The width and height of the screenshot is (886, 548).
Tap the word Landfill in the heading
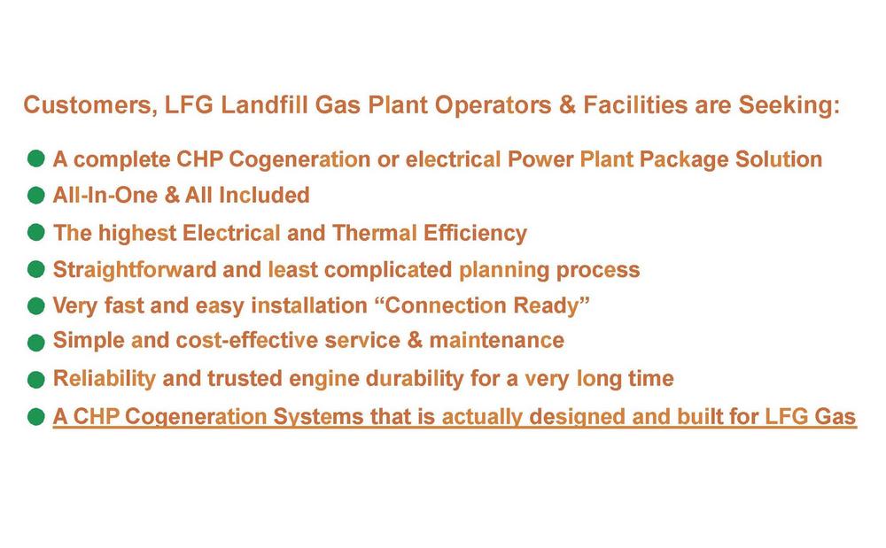pyautogui.click(x=264, y=105)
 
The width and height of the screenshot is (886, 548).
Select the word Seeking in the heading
pyautogui.click(x=789, y=105)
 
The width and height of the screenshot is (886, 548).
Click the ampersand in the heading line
pyautogui.click(x=567, y=105)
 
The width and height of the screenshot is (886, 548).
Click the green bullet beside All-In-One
pyautogui.click(x=35, y=196)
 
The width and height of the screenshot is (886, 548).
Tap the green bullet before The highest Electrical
pyautogui.click(x=35, y=232)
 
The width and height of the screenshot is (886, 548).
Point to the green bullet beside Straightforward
pyautogui.click(x=35, y=269)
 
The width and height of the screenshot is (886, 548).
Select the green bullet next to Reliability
pyautogui.click(x=35, y=380)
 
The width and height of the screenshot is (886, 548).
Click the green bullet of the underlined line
pyautogui.click(x=35, y=417)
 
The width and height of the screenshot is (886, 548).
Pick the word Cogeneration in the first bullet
pyautogui.click(x=299, y=159)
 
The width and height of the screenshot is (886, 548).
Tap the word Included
pyautogui.click(x=264, y=196)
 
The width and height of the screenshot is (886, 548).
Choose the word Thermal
pyautogui.click(x=375, y=233)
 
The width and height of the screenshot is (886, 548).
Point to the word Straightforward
pyautogui.click(x=135, y=270)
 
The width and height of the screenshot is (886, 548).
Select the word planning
pyautogui.click(x=503, y=271)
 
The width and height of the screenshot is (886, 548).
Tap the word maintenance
pyautogui.click(x=497, y=340)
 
